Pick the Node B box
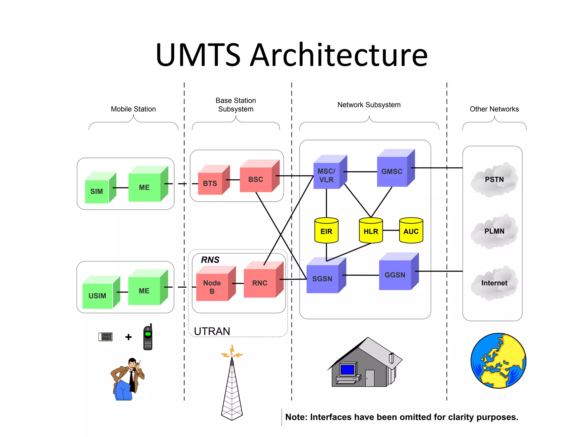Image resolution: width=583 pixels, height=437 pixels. click(212, 287)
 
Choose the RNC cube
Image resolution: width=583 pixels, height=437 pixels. click(260, 283)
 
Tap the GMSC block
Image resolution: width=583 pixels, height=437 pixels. click(392, 172)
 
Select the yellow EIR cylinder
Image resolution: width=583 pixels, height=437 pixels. click(326, 231)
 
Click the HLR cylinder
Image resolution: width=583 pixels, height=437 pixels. click(371, 231)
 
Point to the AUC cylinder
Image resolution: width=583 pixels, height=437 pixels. click(411, 231)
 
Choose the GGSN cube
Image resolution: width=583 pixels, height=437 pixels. click(395, 275)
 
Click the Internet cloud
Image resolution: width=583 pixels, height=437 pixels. click(494, 283)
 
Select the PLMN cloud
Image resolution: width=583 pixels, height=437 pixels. click(494, 231)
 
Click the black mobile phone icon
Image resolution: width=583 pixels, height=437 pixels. click(148, 337)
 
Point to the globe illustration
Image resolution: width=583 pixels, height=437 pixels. click(498, 361)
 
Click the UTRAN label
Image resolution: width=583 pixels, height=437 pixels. click(212, 331)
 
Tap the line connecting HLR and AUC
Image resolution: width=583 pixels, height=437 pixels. click(391, 230)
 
